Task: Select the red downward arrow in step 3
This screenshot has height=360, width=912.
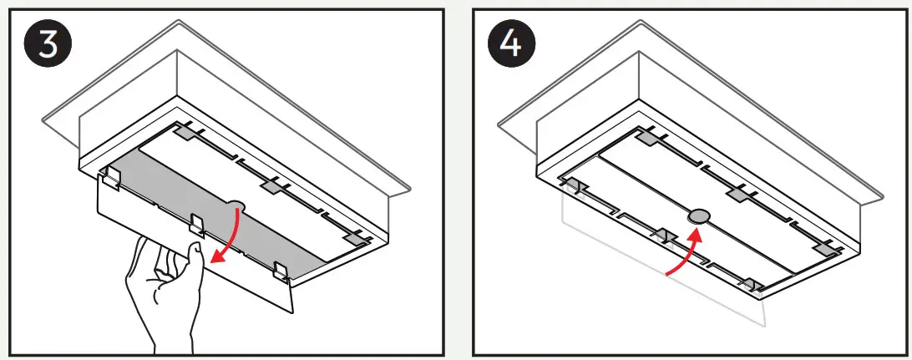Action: tap(227, 238)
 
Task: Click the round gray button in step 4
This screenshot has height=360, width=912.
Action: tap(697, 215)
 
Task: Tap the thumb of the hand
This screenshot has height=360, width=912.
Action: tap(194, 255)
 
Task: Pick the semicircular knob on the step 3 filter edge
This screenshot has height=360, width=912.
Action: tap(236, 203)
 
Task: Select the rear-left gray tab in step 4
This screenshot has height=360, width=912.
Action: tap(648, 137)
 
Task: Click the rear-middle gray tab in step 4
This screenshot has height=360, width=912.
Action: tap(737, 194)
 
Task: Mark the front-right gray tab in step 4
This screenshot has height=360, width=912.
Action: tap(749, 284)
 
